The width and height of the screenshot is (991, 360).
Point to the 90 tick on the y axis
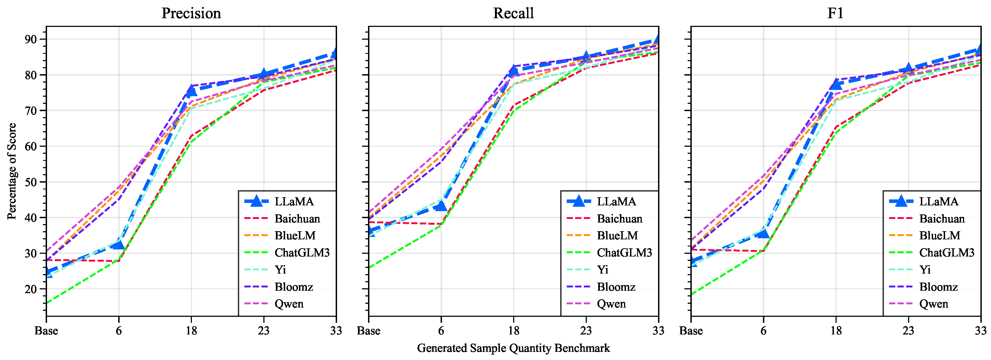click(x=30, y=39)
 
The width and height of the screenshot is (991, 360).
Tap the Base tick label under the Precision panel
click(x=46, y=331)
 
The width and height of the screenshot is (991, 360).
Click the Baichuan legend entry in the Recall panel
click(x=619, y=219)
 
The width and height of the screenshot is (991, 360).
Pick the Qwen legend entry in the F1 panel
click(x=934, y=304)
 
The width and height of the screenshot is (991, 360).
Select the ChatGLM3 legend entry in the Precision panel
click(x=302, y=253)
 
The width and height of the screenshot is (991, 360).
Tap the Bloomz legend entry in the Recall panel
click(x=616, y=287)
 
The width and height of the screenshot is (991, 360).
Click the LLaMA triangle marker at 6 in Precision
click(x=119, y=244)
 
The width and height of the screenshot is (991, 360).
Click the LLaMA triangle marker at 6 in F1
click(x=763, y=232)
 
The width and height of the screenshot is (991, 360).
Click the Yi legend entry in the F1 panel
click(x=925, y=270)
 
